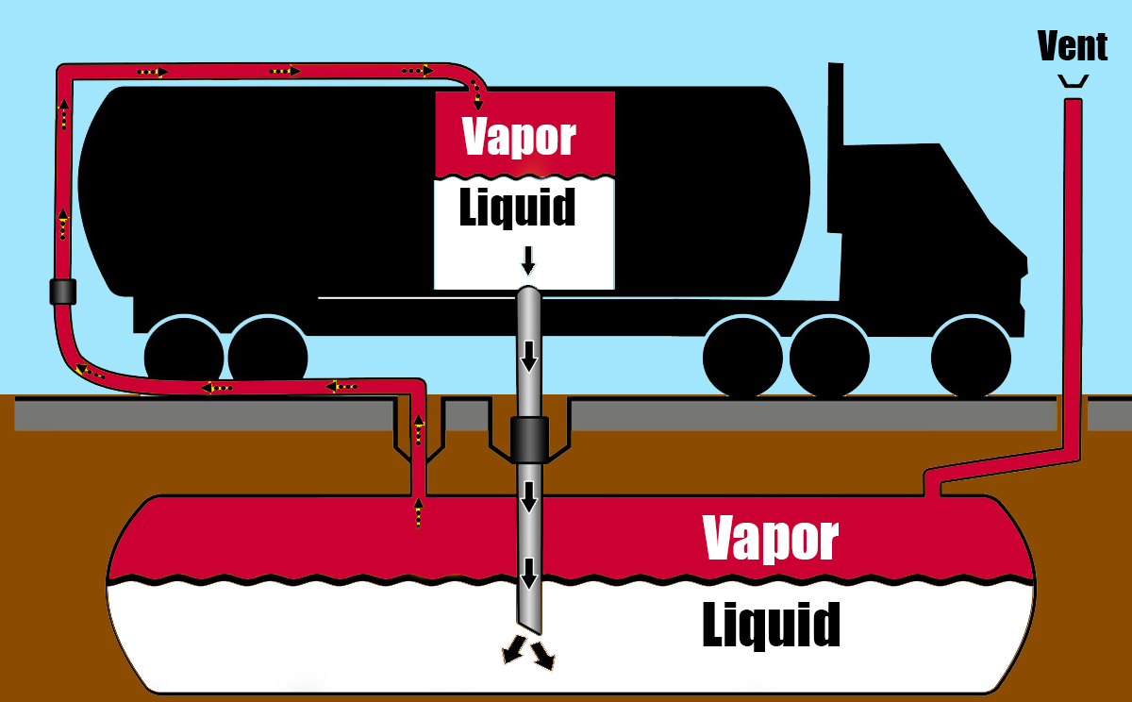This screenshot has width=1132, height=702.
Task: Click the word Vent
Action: point(1072,45)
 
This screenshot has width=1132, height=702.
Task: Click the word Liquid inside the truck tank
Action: point(517,208)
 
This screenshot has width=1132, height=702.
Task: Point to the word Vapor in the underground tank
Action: point(771,538)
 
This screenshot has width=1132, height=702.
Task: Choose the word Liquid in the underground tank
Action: point(771,624)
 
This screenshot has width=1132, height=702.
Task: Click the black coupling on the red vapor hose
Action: point(63,292)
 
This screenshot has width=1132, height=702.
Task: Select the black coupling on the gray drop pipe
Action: point(529,439)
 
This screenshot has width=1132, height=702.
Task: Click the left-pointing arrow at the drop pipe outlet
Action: point(515,650)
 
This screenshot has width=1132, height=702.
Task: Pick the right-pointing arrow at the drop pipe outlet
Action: point(543,657)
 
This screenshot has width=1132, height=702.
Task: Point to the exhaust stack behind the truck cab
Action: point(835,146)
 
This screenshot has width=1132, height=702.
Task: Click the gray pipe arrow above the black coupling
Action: point(529,356)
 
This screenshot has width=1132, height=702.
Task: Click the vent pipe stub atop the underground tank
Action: point(932,483)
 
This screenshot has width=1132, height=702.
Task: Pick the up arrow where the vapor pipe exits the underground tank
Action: point(418,513)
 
